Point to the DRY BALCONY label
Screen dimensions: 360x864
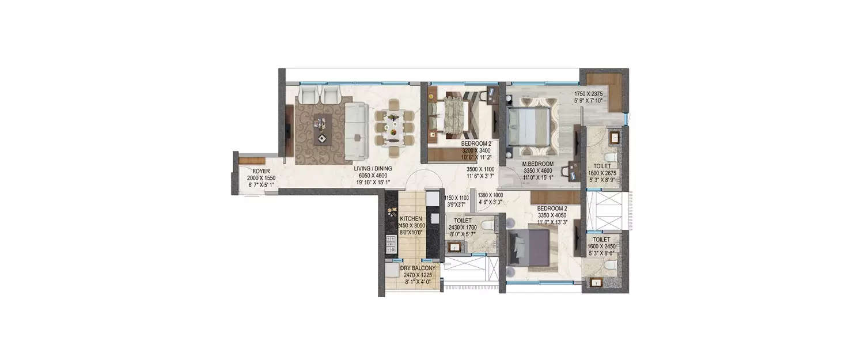pyautogui.click(x=418, y=268)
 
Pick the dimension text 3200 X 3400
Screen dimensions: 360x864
pyautogui.click(x=476, y=150)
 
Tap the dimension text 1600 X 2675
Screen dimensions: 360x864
pyautogui.click(x=604, y=172)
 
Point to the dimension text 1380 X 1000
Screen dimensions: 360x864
pyautogui.click(x=491, y=195)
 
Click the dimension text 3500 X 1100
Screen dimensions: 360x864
pyautogui.click(x=480, y=169)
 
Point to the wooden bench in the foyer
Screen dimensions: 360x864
pyautogui.click(x=251, y=160)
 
